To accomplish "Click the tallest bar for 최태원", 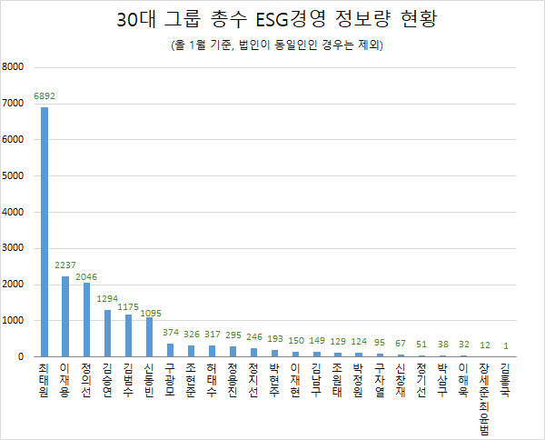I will [45, 232].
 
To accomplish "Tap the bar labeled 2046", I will [86, 320].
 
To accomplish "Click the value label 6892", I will [45, 95].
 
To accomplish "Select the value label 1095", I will [150, 313].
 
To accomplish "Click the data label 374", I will [170, 333].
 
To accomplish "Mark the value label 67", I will [400, 344].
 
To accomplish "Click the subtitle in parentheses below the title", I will [273, 45].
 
